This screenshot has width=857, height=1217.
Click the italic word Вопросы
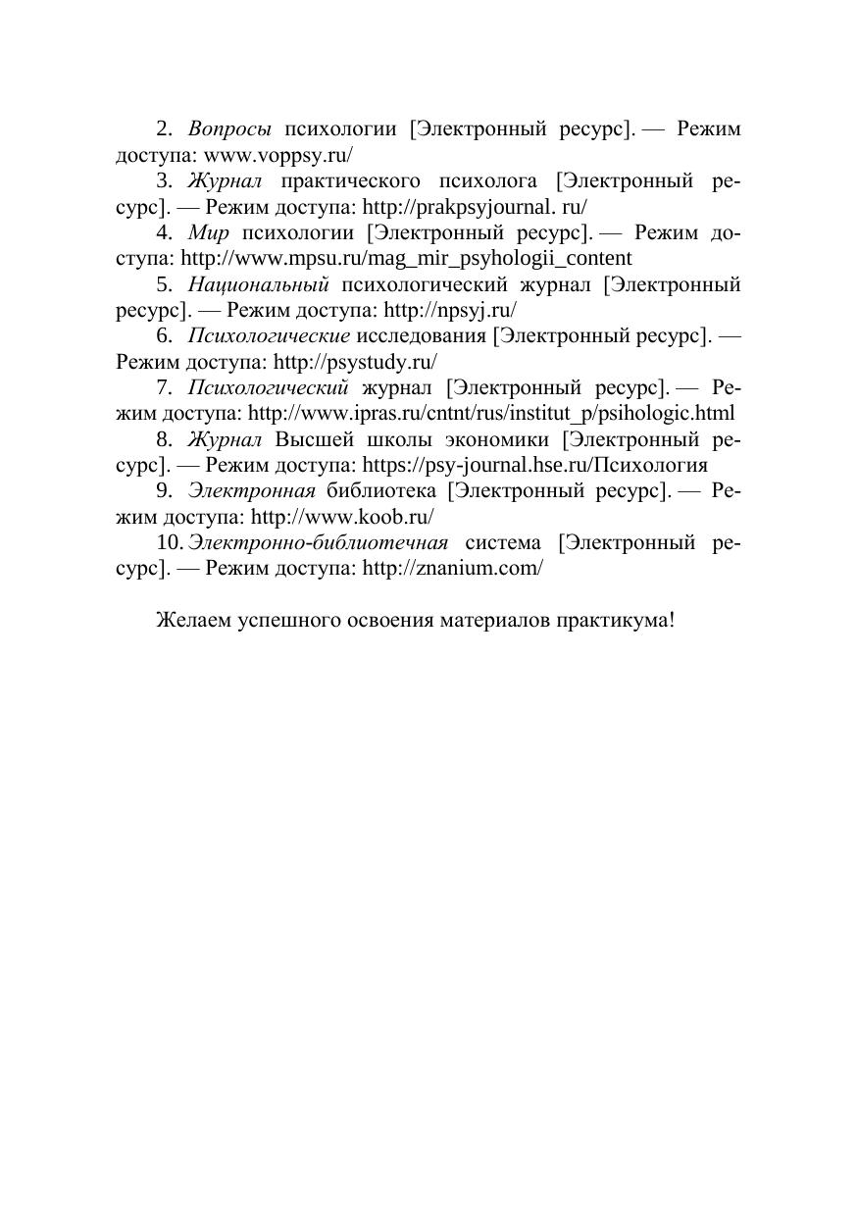(x=229, y=129)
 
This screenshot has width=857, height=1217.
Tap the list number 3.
(x=164, y=181)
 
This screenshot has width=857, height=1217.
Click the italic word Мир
(x=208, y=232)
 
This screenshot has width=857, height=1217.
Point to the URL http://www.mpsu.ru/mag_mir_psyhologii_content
(x=407, y=259)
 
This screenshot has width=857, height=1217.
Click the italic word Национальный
(x=258, y=284)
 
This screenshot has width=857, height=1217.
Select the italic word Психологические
(x=269, y=336)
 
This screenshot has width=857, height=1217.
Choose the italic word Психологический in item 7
(x=269, y=387)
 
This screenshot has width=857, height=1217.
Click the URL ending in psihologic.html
(x=491, y=414)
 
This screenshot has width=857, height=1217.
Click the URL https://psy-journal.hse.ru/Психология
(x=535, y=465)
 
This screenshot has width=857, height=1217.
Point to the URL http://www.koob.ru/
(x=342, y=516)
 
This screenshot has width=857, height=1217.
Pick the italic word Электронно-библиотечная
(x=319, y=542)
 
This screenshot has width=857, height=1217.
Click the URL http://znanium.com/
(x=452, y=568)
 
